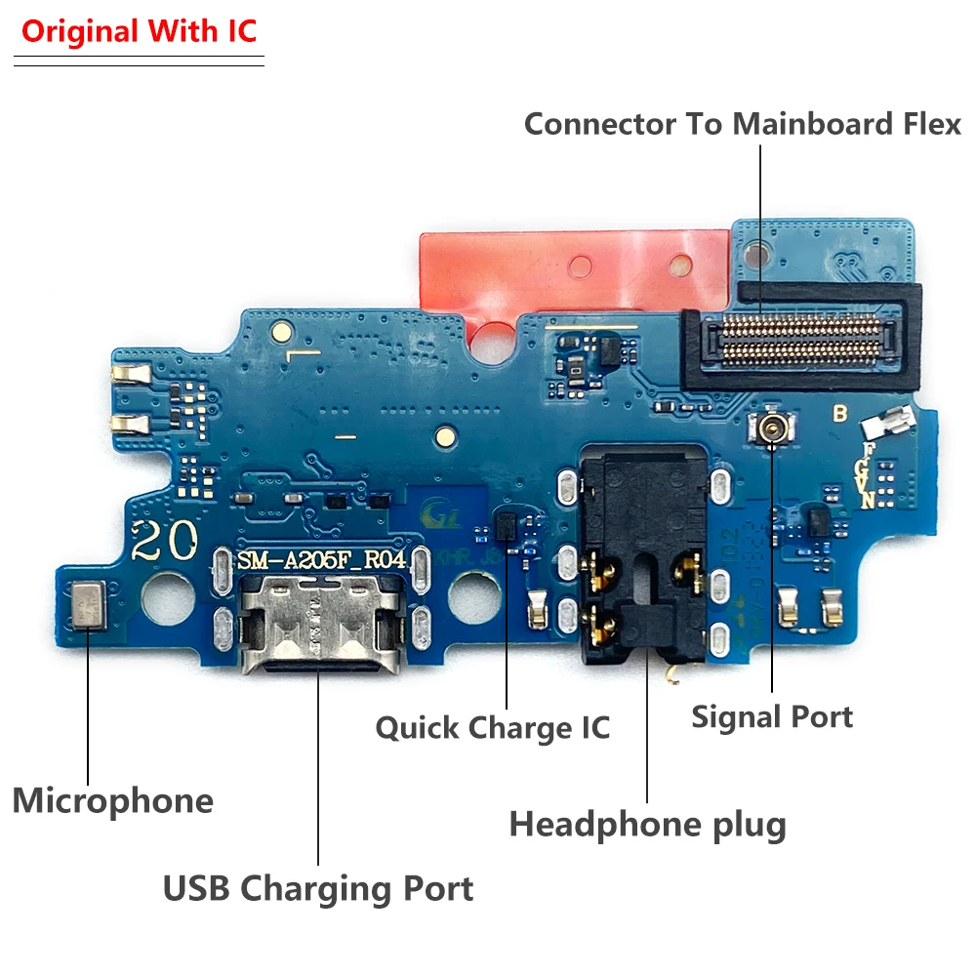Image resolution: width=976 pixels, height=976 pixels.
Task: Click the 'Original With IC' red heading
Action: point(139,31)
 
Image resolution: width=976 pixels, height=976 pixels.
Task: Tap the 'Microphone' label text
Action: point(112,801)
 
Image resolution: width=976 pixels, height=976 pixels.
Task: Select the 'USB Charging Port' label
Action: point(317,889)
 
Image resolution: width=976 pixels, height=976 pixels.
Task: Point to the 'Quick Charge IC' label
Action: point(493,728)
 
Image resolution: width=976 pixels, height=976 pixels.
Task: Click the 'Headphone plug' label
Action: point(647,826)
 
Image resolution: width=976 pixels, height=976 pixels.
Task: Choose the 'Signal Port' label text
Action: point(772,717)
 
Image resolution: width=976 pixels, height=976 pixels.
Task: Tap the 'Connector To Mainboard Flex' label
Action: point(742,124)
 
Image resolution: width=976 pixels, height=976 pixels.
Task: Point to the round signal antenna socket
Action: point(771,427)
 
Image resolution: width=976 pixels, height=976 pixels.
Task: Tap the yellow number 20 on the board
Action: point(166,539)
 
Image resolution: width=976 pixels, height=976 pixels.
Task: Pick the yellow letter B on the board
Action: point(838,413)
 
